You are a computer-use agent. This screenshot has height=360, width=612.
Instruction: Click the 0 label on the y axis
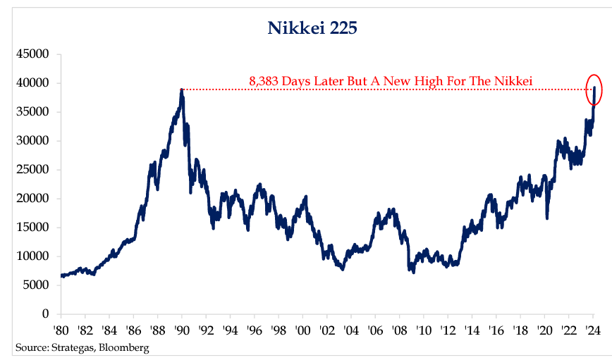point(45,314)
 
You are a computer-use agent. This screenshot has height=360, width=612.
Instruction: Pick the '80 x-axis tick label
point(61,330)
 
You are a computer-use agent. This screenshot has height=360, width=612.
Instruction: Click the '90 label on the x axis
point(182,330)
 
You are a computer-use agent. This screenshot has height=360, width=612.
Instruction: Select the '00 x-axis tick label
point(302,330)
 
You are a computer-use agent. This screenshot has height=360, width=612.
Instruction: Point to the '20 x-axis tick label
point(544,330)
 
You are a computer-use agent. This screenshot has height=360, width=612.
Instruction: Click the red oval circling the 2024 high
point(593,89)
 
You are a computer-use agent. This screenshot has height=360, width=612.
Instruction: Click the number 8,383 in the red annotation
point(265,81)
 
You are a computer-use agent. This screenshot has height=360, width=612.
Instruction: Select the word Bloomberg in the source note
point(126,347)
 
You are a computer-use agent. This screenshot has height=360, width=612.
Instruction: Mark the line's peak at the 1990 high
point(182,90)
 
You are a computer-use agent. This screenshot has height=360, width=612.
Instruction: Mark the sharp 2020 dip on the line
point(547,217)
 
